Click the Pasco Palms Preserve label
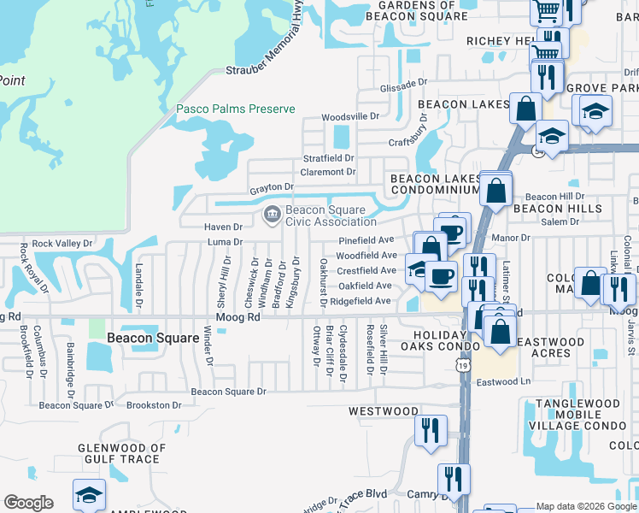click(235, 109)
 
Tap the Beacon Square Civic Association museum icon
click(272, 214)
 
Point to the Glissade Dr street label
click(402, 85)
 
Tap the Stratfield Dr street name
click(329, 158)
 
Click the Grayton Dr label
click(271, 186)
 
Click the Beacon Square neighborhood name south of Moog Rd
click(146, 338)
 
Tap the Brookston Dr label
click(154, 405)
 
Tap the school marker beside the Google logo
click(88, 497)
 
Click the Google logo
click(28, 503)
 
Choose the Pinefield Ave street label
click(366, 241)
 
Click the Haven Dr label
click(223, 227)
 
